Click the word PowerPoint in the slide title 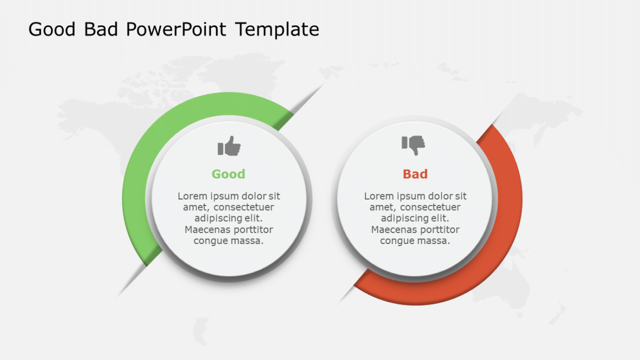click(176, 29)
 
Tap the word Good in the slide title click(53, 29)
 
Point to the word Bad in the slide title click(101, 29)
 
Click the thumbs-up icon click(229, 146)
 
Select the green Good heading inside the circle click(228, 174)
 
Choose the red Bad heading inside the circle click(415, 174)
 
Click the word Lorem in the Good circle click(191, 196)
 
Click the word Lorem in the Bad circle click(377, 196)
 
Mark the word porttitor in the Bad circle click(437, 229)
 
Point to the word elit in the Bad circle click(439, 218)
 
